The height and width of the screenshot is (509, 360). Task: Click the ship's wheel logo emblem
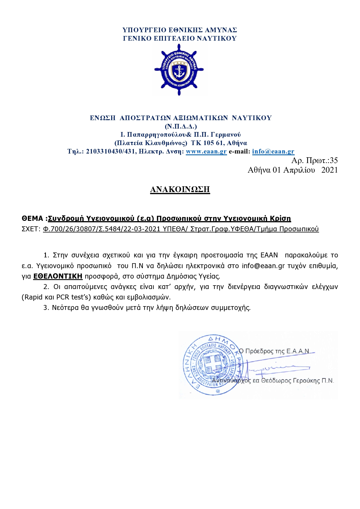[x=179, y=70]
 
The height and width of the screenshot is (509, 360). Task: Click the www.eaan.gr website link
[x=206, y=151]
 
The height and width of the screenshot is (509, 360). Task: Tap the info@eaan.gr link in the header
[x=273, y=151]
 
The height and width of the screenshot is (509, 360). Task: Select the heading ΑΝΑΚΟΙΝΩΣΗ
[x=180, y=189]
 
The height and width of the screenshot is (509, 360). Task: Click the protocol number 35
[x=334, y=160]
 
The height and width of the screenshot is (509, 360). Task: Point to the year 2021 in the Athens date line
[x=330, y=170]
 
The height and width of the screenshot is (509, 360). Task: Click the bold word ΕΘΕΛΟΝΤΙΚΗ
[x=58, y=276]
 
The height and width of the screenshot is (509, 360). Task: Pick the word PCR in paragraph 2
[x=63, y=297]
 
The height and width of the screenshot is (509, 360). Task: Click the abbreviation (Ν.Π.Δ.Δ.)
[x=181, y=127]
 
